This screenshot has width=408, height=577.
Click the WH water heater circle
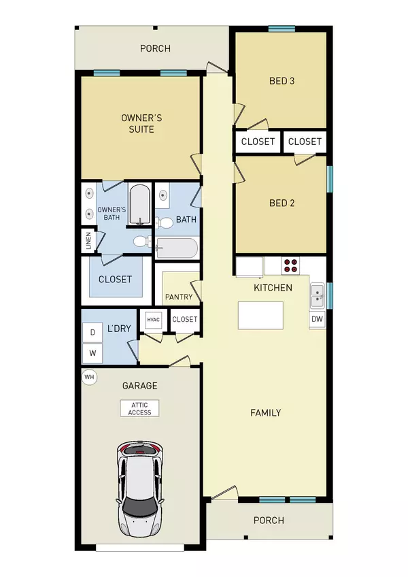pos(89,376)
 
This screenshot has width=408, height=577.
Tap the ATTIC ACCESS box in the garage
pos(139,408)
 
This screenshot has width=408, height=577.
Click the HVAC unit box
pos(150,319)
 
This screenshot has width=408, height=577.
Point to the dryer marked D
pos(92,332)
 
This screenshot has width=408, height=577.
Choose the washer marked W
pos(92,353)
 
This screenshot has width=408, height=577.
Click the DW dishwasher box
pos(317,319)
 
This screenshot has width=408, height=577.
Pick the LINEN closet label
pos(88,241)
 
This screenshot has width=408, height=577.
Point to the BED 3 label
pos(282,81)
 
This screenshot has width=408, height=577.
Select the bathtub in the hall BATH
pos(177,248)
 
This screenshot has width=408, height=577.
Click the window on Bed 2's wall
pos(329,180)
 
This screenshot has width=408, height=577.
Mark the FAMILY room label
pos(265,413)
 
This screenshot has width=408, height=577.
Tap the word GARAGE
pos(139,386)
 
